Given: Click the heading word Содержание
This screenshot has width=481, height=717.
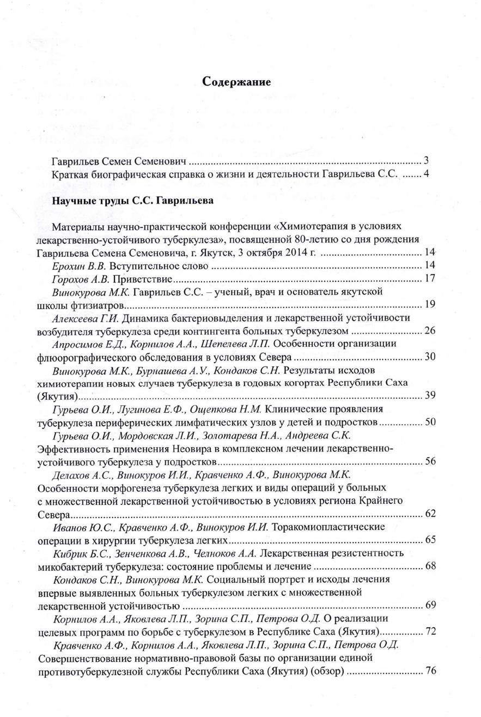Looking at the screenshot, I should [x=237, y=82].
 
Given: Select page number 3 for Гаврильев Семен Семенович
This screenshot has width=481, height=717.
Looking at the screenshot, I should [x=427, y=161].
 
